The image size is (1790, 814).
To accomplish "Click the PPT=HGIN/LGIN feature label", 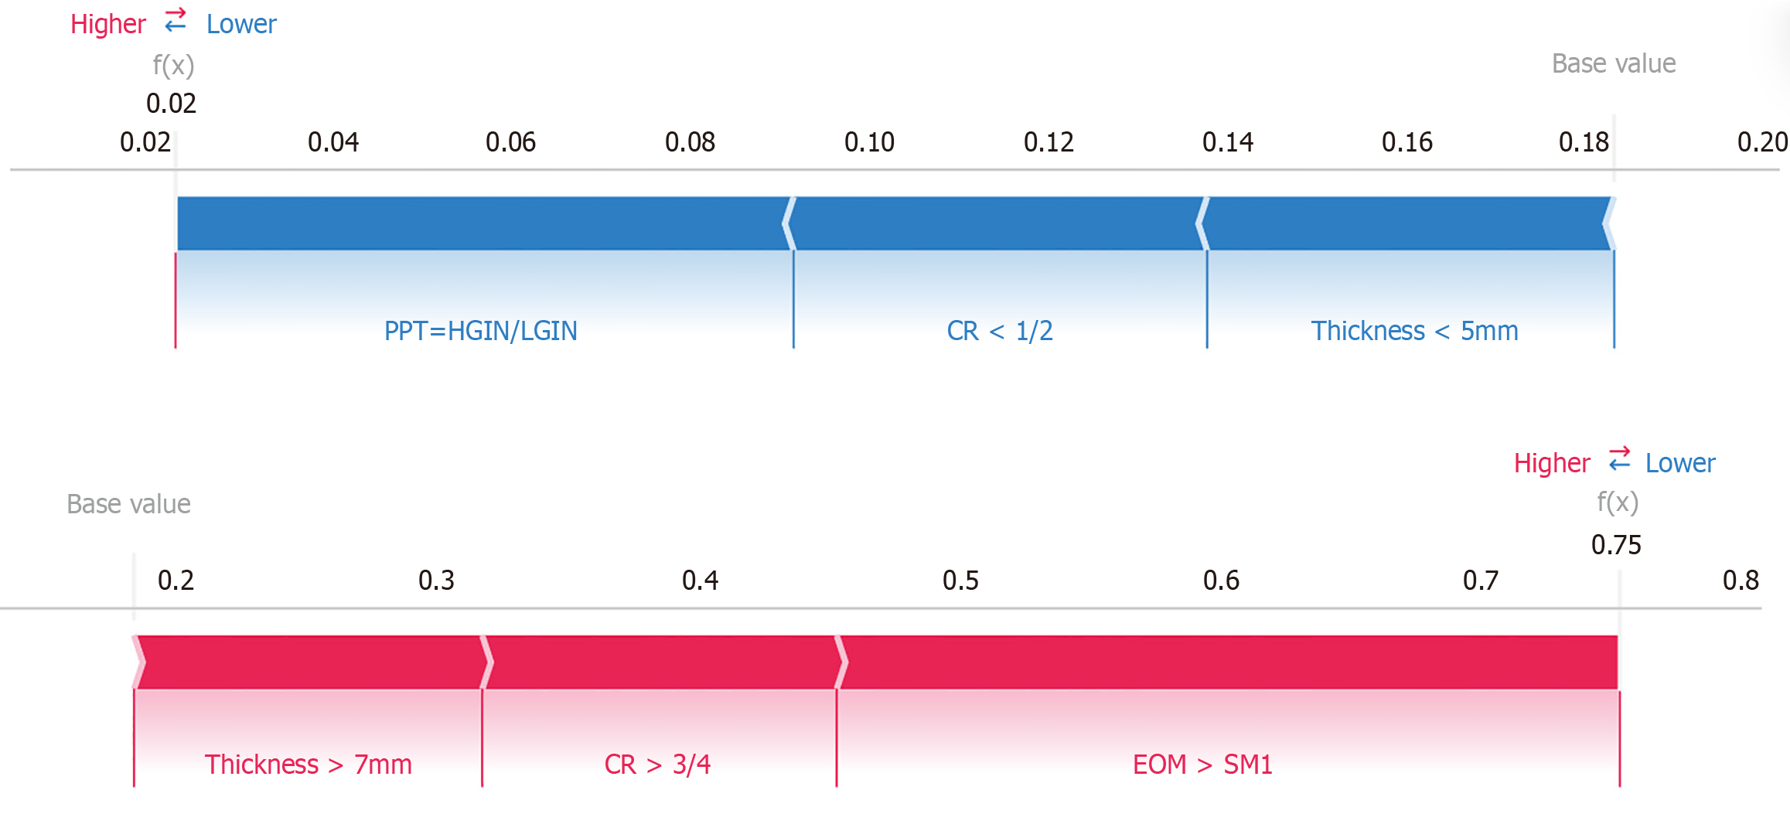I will coord(480,331).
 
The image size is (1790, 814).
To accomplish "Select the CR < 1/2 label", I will coord(999,331).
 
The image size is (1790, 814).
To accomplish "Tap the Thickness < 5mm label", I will coord(1414,331).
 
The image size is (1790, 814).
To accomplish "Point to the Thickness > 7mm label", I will coord(308,765).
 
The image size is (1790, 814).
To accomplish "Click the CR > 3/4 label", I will coord(657,765).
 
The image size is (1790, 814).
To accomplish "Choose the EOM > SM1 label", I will coord(1202,765).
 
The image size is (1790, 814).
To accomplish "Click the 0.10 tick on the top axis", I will coord(869,142).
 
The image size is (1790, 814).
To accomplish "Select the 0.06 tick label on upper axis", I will coord(510,142).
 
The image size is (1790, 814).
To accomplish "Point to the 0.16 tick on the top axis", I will coord(1406,142).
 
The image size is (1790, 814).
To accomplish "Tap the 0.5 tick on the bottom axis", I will coord(960,581).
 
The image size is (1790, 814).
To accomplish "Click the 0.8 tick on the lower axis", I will coord(1741,581).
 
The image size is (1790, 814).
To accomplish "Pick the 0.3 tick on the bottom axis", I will coord(436,581).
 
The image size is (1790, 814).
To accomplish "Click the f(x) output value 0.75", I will coord(1616,545).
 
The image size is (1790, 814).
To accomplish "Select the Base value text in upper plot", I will coord(1614,63).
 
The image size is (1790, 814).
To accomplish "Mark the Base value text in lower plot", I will coord(128,504).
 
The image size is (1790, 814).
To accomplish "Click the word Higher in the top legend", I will coord(107,24).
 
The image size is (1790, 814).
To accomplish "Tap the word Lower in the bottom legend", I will coord(1679,463).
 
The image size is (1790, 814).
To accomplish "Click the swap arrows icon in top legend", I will coord(176,20).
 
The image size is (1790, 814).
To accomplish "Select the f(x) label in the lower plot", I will coord(1618,502).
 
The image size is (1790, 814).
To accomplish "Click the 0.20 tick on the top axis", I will coord(1762,142).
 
